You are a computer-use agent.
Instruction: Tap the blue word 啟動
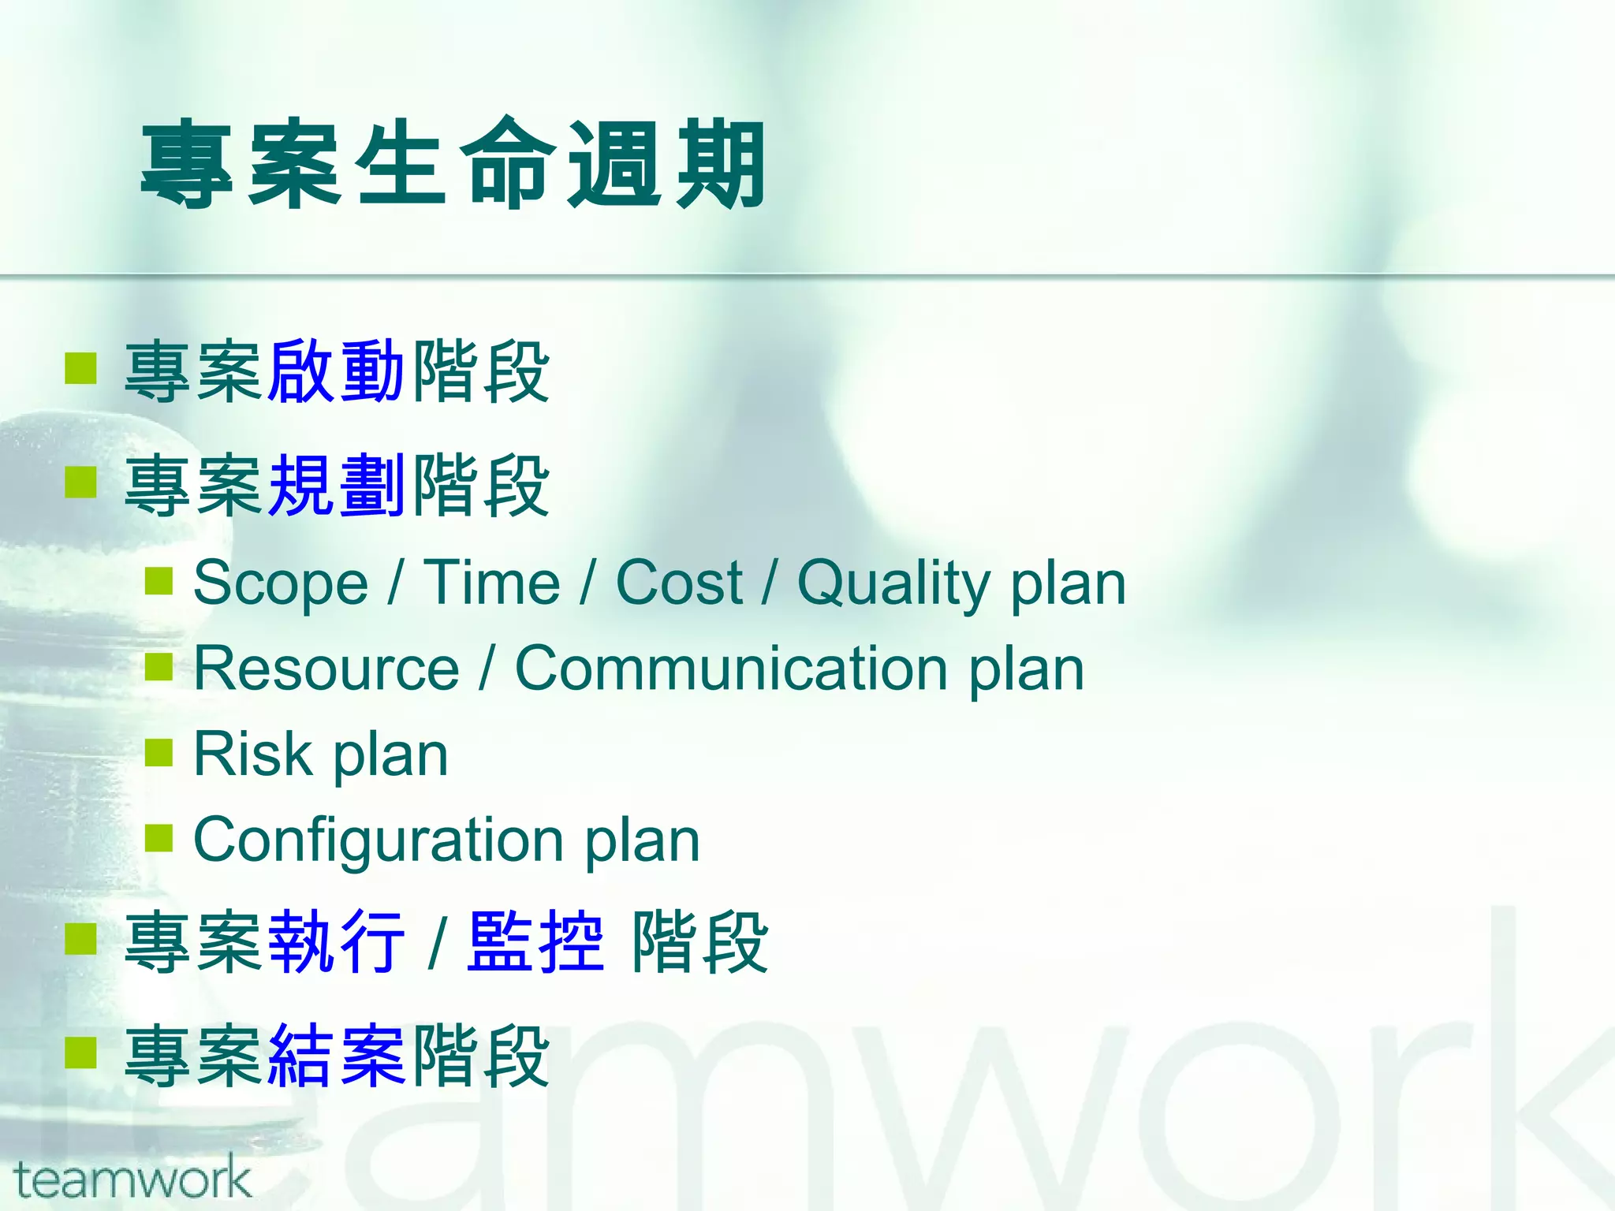[336, 371]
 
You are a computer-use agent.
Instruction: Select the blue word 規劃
[336, 485]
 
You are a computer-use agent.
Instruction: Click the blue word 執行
[336, 941]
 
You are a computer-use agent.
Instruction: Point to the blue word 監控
[535, 941]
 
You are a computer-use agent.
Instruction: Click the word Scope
[281, 583]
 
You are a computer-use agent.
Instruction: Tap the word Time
[492, 583]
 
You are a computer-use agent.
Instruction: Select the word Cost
[679, 583]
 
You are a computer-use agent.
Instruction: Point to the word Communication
[731, 669]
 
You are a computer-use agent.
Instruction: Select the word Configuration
[379, 840]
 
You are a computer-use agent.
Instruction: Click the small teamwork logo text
[132, 1180]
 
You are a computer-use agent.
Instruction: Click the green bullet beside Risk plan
[159, 752]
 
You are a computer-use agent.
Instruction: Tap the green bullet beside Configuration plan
[159, 838]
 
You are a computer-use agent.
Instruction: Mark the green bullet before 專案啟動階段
[80, 367]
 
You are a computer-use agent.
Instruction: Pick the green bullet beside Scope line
[159, 581]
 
